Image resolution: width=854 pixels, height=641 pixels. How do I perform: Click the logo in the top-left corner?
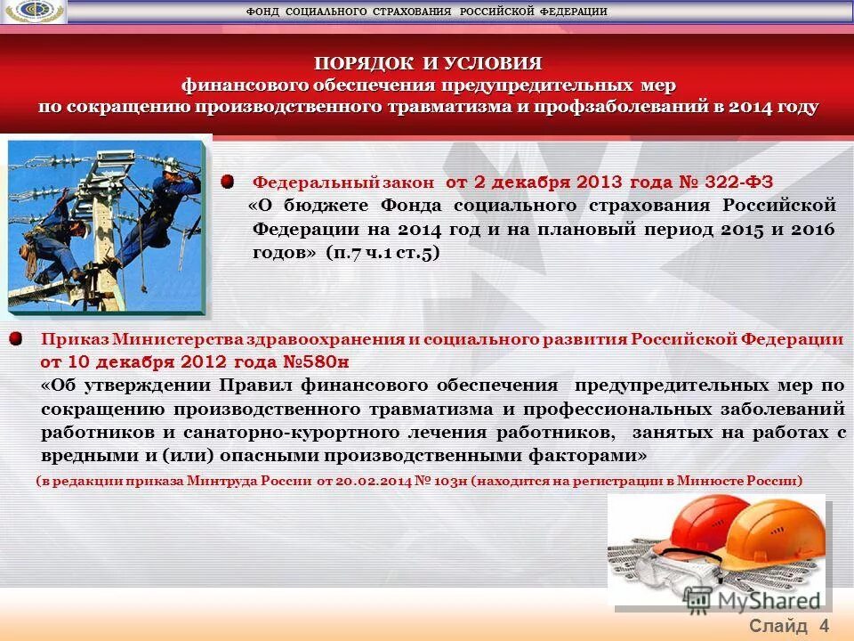coord(34,12)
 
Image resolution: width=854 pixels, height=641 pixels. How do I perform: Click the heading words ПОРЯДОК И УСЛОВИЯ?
coord(428,63)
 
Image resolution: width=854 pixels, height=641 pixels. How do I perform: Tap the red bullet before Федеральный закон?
coord(228,182)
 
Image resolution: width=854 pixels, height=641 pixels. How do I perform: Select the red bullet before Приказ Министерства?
coord(16,339)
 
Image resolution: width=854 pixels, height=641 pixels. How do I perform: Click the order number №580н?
coord(316,362)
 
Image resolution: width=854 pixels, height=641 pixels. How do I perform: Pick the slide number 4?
coord(824,625)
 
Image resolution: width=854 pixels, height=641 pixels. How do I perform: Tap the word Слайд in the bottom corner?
coord(778,625)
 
